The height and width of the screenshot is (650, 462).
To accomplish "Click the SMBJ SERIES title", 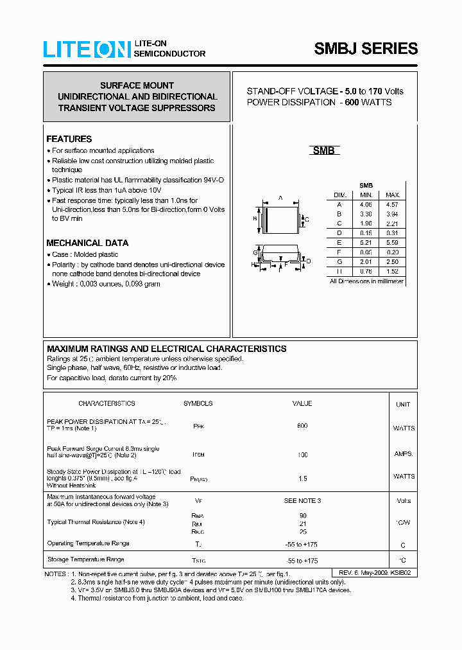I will (366, 49).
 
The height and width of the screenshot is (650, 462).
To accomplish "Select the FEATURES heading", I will (69, 139).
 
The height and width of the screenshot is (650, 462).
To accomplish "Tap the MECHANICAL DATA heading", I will (87, 243).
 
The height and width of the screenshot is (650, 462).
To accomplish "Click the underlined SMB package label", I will (323, 151).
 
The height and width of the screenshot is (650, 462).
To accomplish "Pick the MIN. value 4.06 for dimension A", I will (366, 204).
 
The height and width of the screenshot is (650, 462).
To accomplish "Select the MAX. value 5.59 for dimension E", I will (392, 243).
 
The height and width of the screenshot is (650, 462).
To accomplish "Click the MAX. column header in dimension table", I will (392, 195).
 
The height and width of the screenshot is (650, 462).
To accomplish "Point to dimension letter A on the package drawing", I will (280, 198).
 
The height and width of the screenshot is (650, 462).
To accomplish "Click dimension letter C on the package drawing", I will (307, 220).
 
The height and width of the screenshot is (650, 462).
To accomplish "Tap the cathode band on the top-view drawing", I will (264, 219).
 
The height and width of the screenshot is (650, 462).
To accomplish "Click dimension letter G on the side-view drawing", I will (255, 253).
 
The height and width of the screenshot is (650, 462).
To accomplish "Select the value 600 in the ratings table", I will (302, 426).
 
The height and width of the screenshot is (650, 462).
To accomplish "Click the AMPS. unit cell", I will (404, 453).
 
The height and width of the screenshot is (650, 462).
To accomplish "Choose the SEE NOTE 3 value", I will (302, 500).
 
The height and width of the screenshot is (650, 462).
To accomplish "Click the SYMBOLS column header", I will (198, 403).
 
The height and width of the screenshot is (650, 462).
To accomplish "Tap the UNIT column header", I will (403, 405).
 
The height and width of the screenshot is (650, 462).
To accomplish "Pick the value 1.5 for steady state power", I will (302, 479).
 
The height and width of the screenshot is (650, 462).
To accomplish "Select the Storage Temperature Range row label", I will (85, 560).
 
